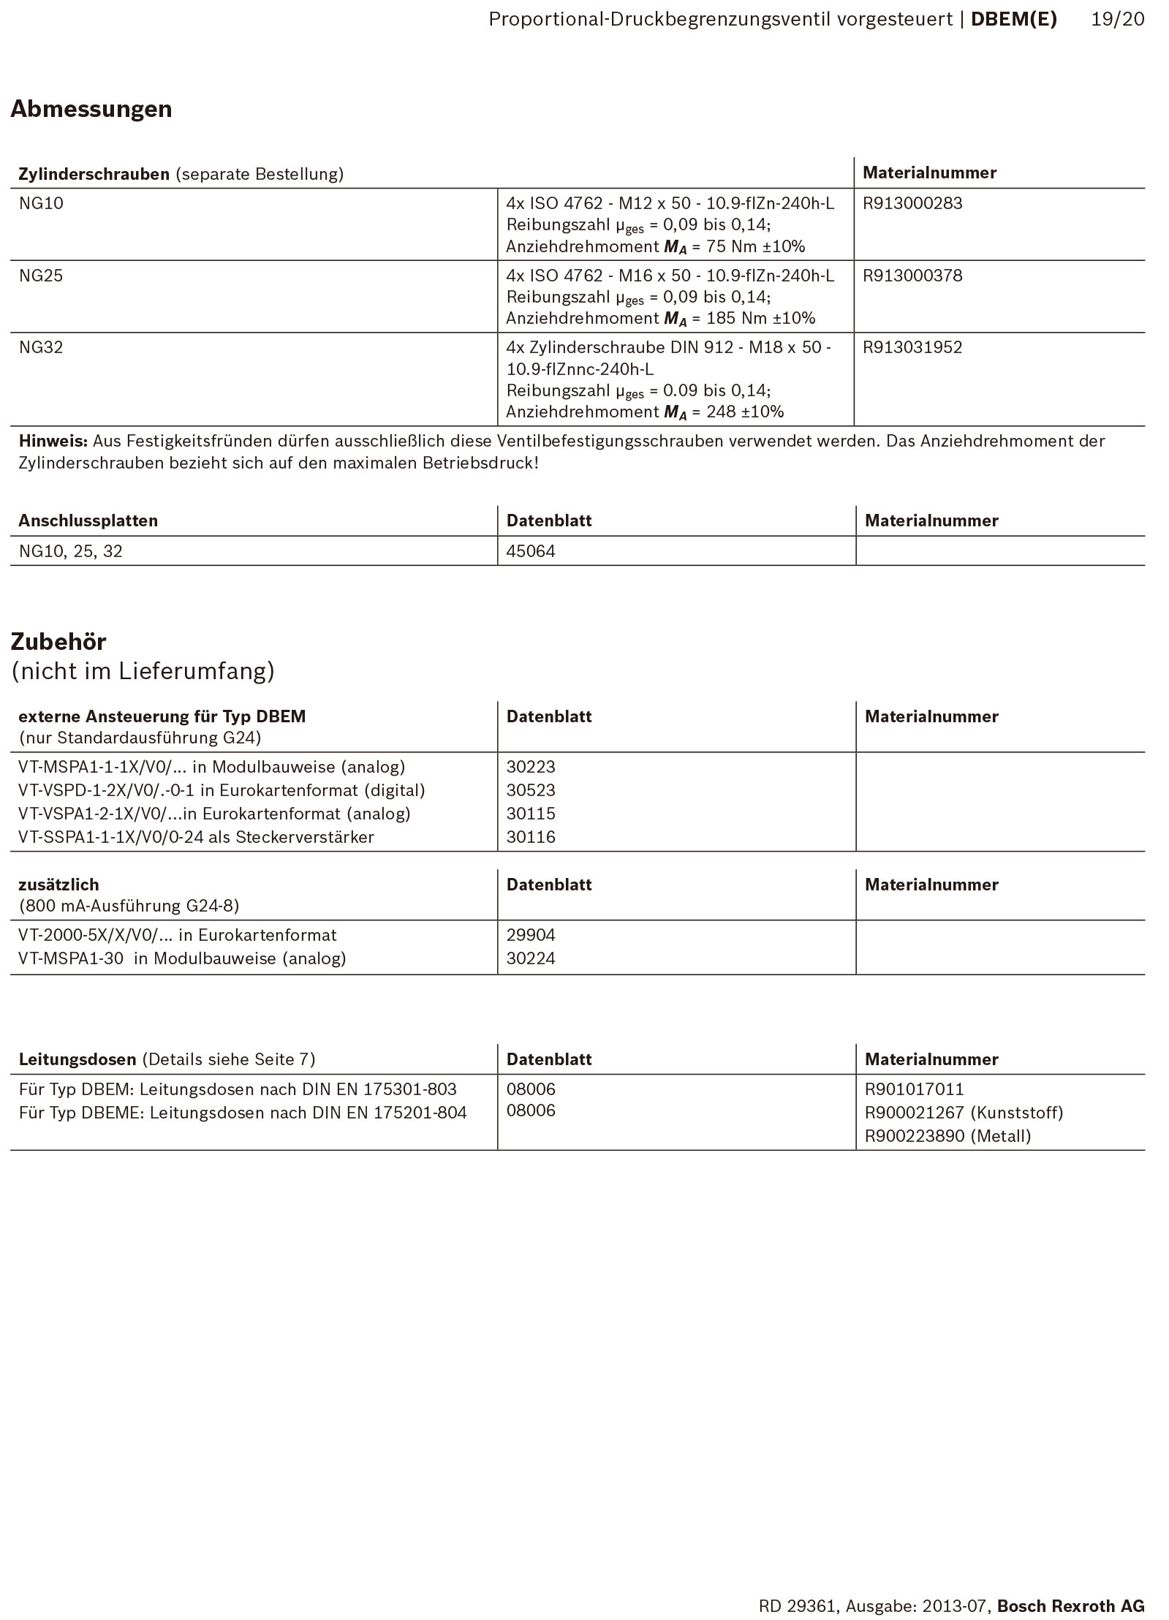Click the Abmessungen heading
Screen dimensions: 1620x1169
tap(91, 109)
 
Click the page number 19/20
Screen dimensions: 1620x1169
tap(1118, 20)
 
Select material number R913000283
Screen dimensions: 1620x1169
tap(912, 203)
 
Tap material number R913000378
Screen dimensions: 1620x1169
tap(912, 276)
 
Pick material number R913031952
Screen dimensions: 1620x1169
tap(912, 347)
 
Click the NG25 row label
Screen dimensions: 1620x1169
tap(41, 276)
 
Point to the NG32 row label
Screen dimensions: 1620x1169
tap(41, 347)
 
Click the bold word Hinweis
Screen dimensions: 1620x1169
tap(53, 441)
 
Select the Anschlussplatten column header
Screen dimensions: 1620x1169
tap(88, 521)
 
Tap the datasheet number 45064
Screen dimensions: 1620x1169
tap(531, 551)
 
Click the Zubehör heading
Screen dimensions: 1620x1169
tap(58, 642)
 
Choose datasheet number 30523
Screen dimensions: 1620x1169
tap(531, 790)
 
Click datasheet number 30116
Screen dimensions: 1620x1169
tap(531, 837)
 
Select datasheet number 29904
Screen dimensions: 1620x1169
tap(531, 935)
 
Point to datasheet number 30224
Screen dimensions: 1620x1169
tap(531, 958)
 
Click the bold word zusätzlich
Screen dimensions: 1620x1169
tap(58, 885)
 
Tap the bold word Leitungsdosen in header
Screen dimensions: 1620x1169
tap(77, 1059)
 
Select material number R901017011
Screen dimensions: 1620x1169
tap(914, 1089)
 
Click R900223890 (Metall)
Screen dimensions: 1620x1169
tap(947, 1136)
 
